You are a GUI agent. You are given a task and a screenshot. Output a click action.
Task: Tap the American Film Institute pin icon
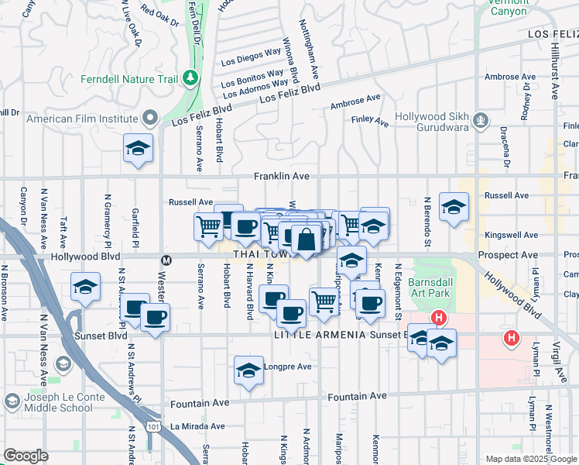(x=149, y=119)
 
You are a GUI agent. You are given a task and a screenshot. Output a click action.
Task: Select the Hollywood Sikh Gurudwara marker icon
(x=481, y=120)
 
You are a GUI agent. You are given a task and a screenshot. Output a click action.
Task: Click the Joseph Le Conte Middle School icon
(x=12, y=401)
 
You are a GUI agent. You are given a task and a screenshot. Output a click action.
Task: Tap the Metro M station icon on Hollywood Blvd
(x=165, y=260)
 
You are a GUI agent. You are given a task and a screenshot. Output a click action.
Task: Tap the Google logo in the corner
(x=26, y=456)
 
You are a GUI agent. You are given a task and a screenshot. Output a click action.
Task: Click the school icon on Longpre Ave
(x=248, y=370)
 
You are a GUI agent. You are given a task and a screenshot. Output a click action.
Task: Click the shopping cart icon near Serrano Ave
(x=208, y=227)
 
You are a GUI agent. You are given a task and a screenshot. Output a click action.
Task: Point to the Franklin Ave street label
(x=282, y=177)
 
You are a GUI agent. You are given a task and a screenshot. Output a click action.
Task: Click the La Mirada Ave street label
(x=197, y=426)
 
